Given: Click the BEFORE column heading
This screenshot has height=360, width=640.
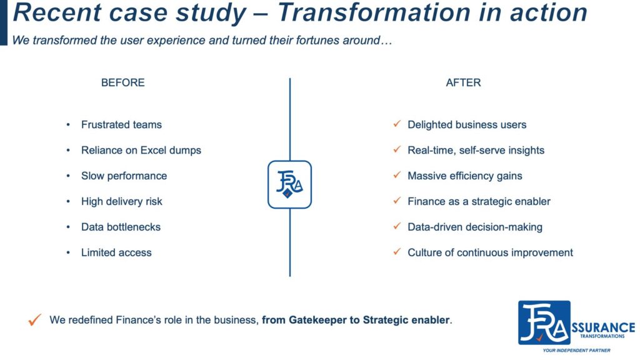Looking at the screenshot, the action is (x=123, y=82).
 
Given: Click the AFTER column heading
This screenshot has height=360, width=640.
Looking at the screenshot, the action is (x=463, y=82).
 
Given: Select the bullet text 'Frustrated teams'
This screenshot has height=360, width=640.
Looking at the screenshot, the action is (x=121, y=124).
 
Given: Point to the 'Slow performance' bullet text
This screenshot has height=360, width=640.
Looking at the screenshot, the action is (x=124, y=176).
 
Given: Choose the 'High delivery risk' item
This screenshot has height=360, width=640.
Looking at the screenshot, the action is (x=122, y=202).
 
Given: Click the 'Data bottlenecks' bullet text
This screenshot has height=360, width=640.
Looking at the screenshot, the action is (x=121, y=227).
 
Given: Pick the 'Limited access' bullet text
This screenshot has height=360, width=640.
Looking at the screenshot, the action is (x=116, y=252).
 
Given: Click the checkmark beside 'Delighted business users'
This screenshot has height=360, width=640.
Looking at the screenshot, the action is (x=397, y=124).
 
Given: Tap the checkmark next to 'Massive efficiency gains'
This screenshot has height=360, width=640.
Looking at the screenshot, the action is (x=397, y=175).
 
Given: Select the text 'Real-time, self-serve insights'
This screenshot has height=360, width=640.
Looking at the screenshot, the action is (x=476, y=150).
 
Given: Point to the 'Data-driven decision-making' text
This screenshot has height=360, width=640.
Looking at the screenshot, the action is (x=475, y=227).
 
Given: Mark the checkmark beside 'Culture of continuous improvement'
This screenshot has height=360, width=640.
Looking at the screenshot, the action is (x=397, y=252).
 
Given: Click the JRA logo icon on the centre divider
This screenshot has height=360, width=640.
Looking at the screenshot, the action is (x=290, y=184).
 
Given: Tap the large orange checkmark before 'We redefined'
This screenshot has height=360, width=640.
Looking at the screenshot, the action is (x=35, y=319).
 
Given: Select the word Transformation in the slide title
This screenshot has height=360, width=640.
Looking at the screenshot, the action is (x=374, y=12).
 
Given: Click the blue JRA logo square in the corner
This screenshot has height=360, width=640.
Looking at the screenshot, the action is (x=544, y=323).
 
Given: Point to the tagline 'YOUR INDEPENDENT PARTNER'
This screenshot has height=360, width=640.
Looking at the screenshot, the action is (x=576, y=350).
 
